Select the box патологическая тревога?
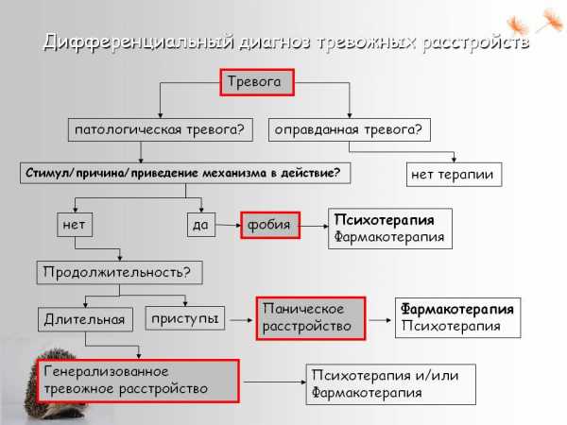[x=158, y=128]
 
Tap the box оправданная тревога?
[x=348, y=128]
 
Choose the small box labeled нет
[x=73, y=225]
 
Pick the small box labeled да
[x=199, y=225]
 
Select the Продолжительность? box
[x=118, y=273]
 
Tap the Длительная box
[x=83, y=319]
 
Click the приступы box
[x=184, y=318]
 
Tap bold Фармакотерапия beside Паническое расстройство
[x=456, y=309]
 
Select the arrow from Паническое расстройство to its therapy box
[x=379, y=318]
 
